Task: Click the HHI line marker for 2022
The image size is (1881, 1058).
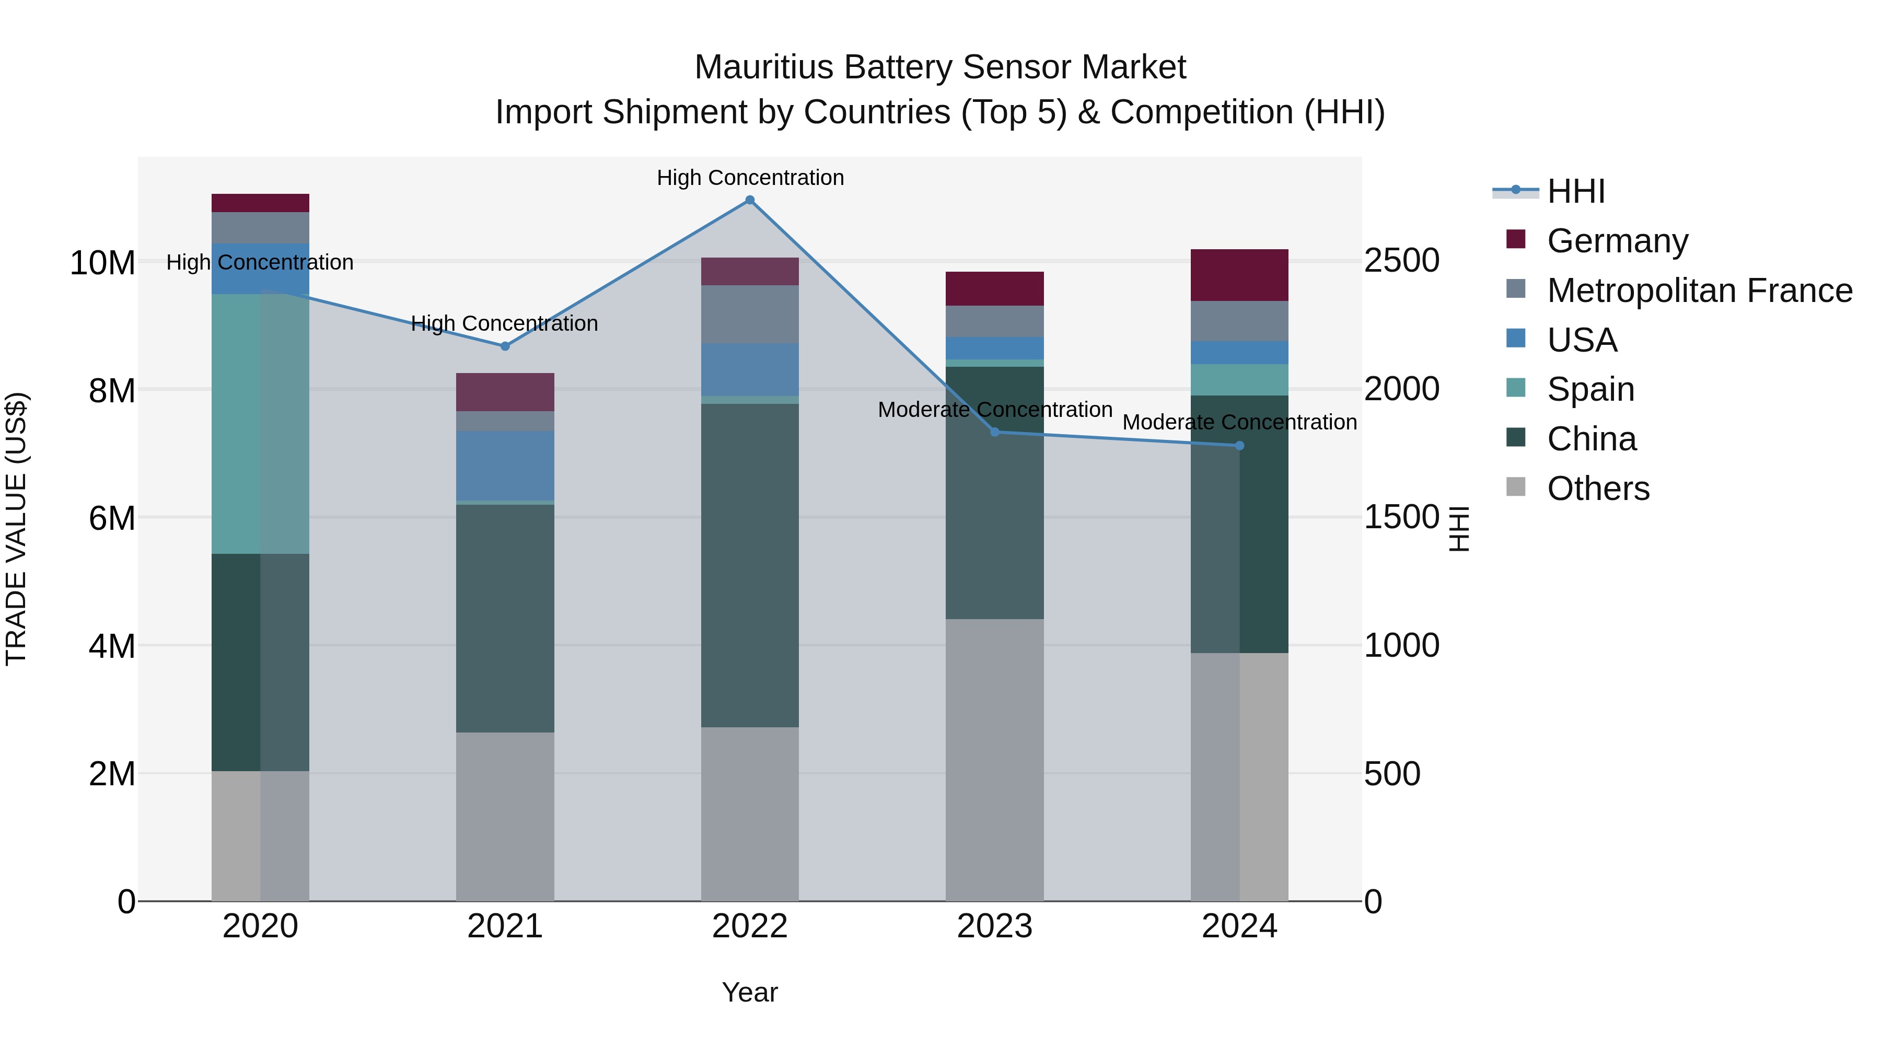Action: coord(749,200)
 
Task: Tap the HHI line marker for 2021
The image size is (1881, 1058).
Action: coord(505,346)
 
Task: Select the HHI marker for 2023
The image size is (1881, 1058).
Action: coord(994,432)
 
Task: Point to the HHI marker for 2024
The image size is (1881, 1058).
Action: coord(1239,445)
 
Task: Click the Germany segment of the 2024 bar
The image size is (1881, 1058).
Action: coord(1239,275)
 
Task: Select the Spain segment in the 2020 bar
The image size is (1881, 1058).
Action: coord(260,424)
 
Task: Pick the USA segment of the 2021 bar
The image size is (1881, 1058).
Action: coord(505,466)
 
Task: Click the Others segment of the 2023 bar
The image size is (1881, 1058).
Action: coord(994,759)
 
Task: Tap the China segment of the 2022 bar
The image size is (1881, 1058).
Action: coord(749,565)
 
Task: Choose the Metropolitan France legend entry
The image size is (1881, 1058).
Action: coord(1699,290)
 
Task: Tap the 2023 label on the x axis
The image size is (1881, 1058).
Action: coord(994,926)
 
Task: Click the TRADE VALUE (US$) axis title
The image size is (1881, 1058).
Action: coord(16,529)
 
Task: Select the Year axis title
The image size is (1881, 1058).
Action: coord(749,992)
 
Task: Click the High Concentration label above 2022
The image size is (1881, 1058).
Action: coord(750,178)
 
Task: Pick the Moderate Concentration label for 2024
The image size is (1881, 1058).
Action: coord(1239,422)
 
